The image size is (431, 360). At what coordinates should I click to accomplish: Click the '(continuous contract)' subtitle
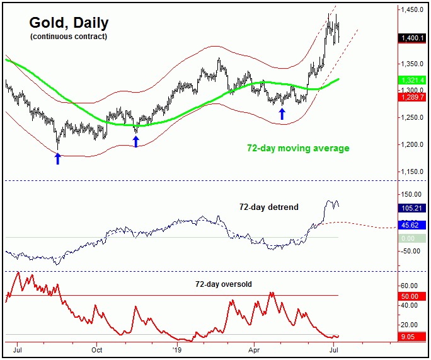coord(68,37)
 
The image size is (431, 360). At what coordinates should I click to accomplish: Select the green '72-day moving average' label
coord(298,148)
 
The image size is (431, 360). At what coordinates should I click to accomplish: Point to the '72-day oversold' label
coord(223,284)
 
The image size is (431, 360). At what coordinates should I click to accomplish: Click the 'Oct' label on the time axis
coord(97,348)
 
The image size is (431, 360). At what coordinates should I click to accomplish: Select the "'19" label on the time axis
coord(177,348)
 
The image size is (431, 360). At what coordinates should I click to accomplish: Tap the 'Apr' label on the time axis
coord(255,348)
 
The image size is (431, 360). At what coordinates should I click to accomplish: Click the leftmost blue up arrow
coord(58,158)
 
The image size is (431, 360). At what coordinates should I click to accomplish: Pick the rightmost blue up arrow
coord(282,113)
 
